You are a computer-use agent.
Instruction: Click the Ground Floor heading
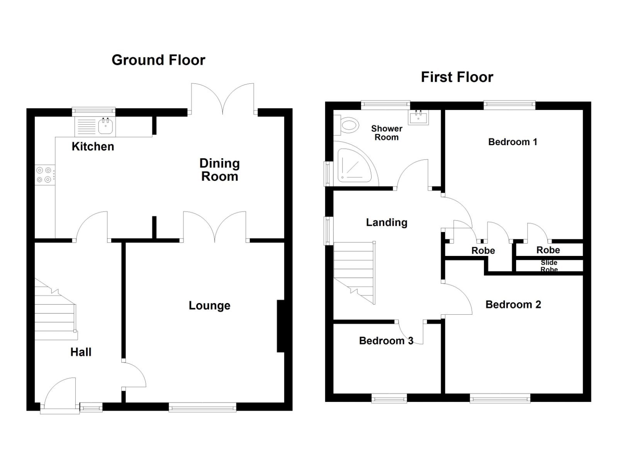(x=158, y=60)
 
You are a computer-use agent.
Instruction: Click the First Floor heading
(x=457, y=77)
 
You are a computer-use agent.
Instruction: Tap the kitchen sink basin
(x=105, y=126)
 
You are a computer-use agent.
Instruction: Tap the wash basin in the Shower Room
(x=418, y=117)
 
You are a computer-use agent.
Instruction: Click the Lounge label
(x=209, y=306)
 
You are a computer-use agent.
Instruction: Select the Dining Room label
(x=220, y=170)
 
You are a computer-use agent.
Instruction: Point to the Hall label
(x=81, y=352)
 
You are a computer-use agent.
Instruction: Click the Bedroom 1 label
(x=513, y=142)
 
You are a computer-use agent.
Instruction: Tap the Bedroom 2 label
(x=513, y=305)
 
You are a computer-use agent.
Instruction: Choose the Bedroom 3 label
(x=386, y=341)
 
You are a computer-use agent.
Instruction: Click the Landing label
(x=387, y=222)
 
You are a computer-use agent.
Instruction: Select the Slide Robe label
(x=549, y=266)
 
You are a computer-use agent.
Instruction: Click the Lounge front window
(x=202, y=407)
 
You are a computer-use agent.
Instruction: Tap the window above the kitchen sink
(x=94, y=112)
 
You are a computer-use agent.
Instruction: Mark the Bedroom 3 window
(x=389, y=398)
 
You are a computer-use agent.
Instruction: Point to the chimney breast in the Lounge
(x=281, y=326)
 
